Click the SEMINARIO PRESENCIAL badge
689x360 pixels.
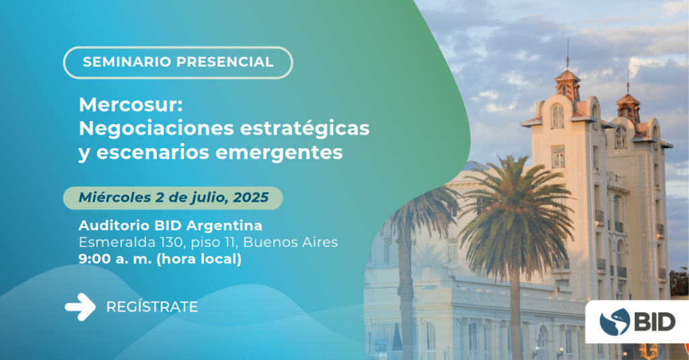pos(178,63)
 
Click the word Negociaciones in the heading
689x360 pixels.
pos(156,129)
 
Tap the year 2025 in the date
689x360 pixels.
pos(251,198)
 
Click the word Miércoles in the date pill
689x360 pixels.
pos(115,198)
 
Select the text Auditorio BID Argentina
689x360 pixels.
pos(170,225)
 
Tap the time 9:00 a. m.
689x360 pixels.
pos(116,259)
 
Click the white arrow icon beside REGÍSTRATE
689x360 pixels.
pos(80,307)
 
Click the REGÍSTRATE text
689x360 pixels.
pos(152,307)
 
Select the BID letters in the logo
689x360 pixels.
pos(655,322)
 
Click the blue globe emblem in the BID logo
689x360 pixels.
pos(615,322)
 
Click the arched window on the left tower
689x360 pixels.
pos(557,116)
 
